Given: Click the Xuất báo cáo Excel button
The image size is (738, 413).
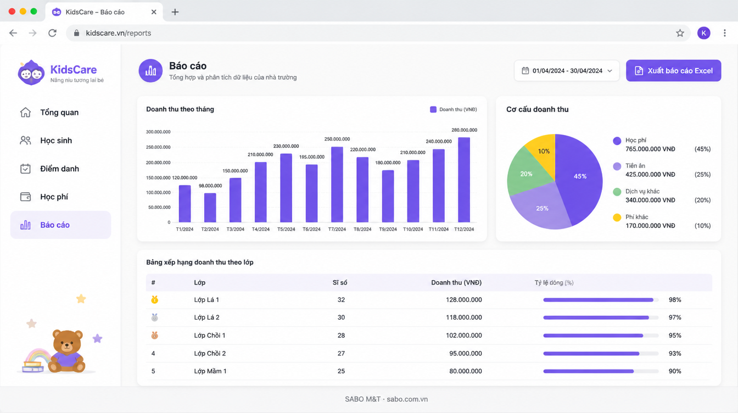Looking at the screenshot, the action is tap(673, 70).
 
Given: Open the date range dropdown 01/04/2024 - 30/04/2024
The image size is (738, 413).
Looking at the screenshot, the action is tap(567, 70).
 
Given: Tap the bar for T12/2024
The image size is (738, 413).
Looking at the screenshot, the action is tap(464, 180).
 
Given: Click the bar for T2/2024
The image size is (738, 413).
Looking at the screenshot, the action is tap(210, 208).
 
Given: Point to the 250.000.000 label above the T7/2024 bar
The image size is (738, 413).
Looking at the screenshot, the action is tap(337, 139).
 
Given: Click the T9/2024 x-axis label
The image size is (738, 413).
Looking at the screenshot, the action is tap(388, 229).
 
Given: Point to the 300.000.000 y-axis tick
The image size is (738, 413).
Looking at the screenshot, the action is tap(158, 132).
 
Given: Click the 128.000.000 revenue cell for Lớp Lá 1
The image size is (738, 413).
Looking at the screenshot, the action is tap(464, 300).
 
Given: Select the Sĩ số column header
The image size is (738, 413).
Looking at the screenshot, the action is tap(340, 282).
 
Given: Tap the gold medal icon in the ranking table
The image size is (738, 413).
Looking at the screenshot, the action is tap(154, 300).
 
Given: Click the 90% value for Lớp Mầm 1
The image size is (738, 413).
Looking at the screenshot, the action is tap(675, 371).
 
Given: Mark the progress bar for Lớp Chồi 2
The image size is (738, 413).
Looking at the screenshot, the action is tap(601, 353).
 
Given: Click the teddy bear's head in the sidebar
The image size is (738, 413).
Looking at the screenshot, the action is tap(68, 341).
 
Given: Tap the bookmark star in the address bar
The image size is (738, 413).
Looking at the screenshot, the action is tap(680, 33).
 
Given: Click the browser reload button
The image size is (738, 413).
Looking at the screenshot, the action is tap(52, 33).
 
